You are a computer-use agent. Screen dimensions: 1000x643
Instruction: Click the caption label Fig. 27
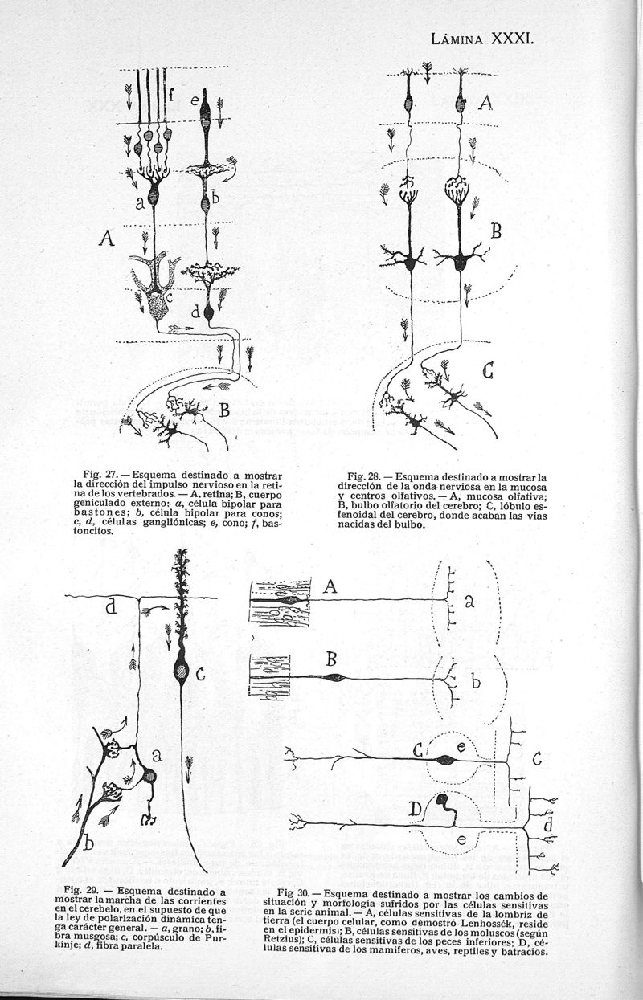pyautogui.click(x=98, y=465)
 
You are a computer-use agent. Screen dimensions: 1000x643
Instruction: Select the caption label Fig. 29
pyautogui.click(x=80, y=891)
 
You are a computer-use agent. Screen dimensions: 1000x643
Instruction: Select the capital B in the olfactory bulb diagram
pyautogui.click(x=496, y=233)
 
